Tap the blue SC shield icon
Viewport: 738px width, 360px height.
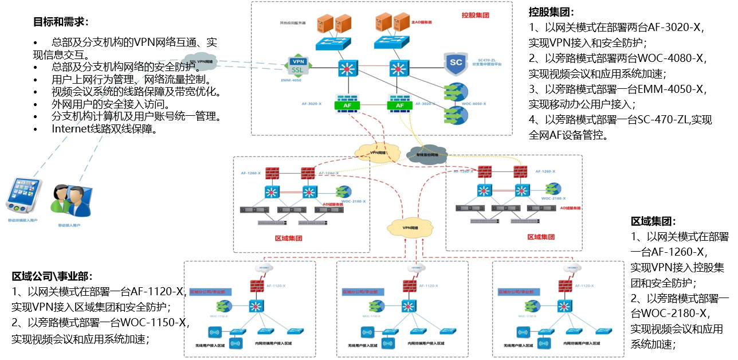coord(456,64)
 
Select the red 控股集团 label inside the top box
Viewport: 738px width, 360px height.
coord(475,15)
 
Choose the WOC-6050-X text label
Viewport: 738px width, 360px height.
coord(474,104)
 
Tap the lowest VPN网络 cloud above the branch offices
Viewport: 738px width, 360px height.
coord(409,227)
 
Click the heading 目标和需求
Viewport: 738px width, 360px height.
coord(61,22)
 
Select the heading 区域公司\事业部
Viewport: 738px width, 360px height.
coord(52,276)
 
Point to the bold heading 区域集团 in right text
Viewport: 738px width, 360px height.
coord(653,221)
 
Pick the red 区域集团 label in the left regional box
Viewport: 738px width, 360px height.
coord(288,238)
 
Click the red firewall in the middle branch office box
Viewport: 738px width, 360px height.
coord(409,285)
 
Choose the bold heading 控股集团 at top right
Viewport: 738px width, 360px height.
coord(551,12)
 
